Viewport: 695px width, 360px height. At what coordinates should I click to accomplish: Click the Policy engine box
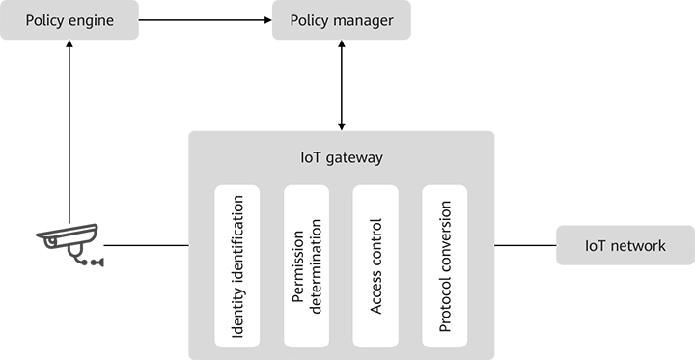69,20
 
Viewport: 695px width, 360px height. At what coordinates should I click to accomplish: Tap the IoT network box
625,245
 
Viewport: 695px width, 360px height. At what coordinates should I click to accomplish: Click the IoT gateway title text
341,156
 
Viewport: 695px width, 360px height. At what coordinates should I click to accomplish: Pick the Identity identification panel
236,266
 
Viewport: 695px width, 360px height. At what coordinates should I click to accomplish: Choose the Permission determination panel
306,266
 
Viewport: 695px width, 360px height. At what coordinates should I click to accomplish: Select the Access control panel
375,266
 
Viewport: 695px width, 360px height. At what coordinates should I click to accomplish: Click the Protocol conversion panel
445,266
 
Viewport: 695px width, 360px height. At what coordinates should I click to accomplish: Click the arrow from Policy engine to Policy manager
205,20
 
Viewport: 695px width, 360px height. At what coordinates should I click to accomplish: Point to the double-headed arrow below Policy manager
341,86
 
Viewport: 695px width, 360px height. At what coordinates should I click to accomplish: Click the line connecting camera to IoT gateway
146,245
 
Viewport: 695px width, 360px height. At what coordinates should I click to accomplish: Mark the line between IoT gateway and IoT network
525,245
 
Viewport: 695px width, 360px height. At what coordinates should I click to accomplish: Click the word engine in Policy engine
92,20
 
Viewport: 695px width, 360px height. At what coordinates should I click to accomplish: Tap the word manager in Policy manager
363,20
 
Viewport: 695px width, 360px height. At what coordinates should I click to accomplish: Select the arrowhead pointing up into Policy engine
69,46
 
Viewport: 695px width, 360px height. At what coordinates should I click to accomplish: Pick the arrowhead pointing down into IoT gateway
341,125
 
